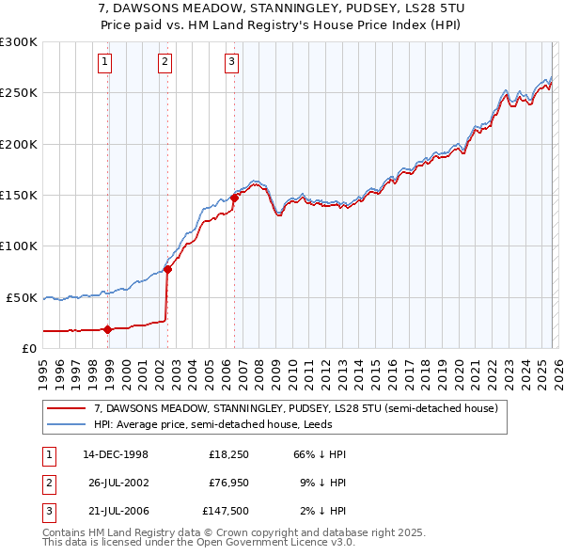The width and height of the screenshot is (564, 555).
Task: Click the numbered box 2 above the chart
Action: (164, 63)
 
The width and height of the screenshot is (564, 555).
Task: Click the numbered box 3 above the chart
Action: (231, 63)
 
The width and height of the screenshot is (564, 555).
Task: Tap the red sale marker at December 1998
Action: (108, 329)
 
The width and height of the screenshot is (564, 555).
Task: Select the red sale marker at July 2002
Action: (168, 269)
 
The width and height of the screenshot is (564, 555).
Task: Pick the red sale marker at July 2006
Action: (234, 198)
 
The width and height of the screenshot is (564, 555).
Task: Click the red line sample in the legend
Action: (67, 409)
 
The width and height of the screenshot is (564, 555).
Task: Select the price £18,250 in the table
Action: (227, 454)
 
